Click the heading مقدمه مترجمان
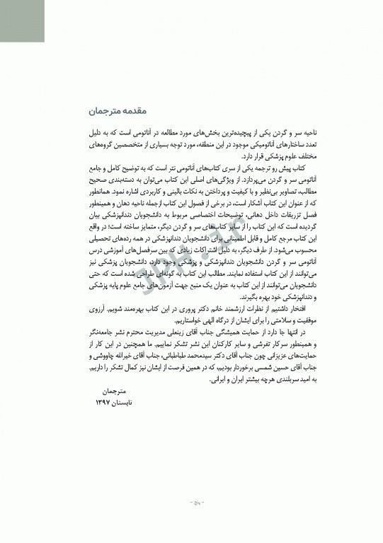click(108, 110)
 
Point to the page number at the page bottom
click(192, 504)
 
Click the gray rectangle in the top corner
click(22, 21)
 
